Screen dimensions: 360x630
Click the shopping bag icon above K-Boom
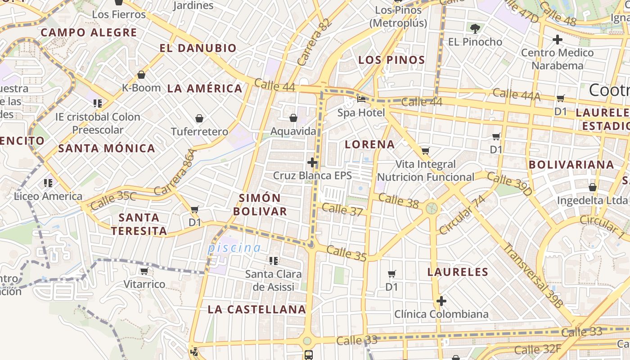tap(141, 75)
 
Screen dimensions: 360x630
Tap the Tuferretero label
tap(199, 131)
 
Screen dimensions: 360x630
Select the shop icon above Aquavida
tap(293, 118)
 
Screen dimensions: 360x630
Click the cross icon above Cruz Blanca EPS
tap(312, 162)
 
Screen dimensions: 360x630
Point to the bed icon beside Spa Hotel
tap(361, 99)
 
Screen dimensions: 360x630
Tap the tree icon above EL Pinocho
tap(475, 29)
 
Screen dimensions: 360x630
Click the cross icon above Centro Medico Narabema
tap(558, 40)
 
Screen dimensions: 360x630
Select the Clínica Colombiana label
tap(441, 314)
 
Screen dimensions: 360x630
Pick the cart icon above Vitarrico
tap(144, 271)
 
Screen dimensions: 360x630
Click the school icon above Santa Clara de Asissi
tap(274, 261)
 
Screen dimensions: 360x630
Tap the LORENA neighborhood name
tap(369, 144)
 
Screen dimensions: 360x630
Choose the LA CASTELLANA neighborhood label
tap(256, 310)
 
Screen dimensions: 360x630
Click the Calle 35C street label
tap(113, 201)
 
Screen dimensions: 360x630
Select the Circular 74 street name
tap(463, 215)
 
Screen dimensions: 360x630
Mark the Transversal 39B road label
tap(533, 275)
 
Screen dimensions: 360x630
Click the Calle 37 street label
tap(342, 209)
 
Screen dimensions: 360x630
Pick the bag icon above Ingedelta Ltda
tap(592, 187)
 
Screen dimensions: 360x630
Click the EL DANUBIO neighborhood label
tap(198, 48)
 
